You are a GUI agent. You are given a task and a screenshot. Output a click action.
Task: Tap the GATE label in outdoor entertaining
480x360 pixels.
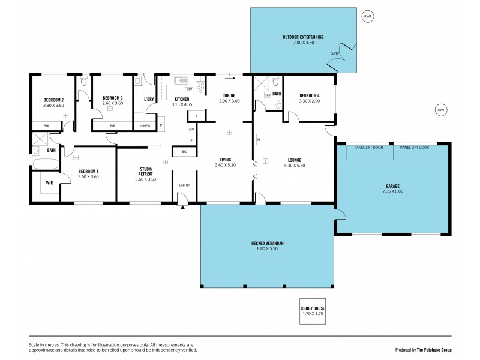[334, 54]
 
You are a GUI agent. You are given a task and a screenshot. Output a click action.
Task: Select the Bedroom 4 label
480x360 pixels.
[310, 95]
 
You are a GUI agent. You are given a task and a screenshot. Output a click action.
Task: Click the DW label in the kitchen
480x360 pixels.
[189, 89]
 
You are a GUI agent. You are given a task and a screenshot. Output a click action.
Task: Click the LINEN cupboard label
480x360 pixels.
[145, 125]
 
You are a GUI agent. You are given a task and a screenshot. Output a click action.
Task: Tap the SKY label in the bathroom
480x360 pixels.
[267, 95]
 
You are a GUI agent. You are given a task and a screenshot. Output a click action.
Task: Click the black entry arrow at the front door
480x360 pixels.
[182, 208]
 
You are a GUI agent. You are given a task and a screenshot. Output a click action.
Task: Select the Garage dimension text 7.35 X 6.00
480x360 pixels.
[392, 192]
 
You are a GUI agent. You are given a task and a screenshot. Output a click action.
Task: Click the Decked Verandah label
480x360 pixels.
[267, 243]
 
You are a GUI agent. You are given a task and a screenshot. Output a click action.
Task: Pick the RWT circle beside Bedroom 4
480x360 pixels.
[441, 110]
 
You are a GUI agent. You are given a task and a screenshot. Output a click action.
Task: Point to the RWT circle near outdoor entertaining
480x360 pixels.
[368, 17]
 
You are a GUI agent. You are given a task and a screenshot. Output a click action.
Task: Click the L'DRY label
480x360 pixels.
[149, 99]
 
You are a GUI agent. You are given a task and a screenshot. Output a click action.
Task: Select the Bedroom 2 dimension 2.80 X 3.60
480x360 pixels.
[53, 105]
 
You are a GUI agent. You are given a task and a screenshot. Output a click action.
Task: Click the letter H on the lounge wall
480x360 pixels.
[259, 141]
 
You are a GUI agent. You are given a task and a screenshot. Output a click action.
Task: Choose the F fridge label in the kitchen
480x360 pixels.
[196, 115]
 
